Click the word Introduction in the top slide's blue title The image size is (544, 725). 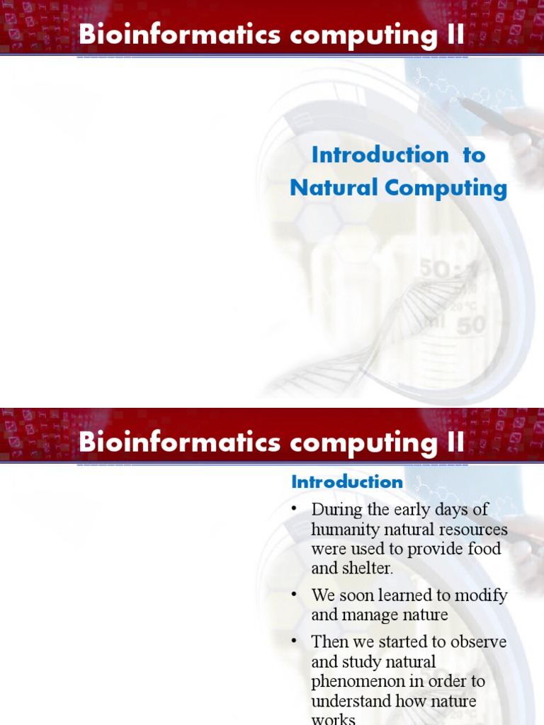click(380, 154)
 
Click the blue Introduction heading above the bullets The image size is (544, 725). click(347, 482)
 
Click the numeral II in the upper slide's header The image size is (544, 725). click(455, 35)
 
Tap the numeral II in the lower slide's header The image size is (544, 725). click(455, 443)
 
